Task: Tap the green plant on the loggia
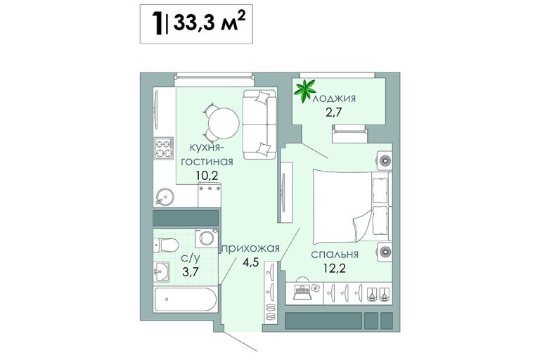point(304,91)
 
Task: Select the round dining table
point(224,123)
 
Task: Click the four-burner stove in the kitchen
point(163,148)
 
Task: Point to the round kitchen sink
point(165,197)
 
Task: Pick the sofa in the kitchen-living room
point(259,124)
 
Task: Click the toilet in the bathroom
point(166,245)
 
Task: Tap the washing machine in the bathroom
point(206,238)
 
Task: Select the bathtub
point(186,299)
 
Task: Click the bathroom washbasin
point(161,271)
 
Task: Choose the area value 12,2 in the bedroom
point(335,267)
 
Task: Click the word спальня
point(335,255)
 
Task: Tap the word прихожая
point(250,248)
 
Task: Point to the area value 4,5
point(250,262)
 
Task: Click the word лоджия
point(334,99)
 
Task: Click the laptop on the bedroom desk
point(302,292)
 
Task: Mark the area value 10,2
point(207,176)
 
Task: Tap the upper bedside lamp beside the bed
point(385,160)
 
